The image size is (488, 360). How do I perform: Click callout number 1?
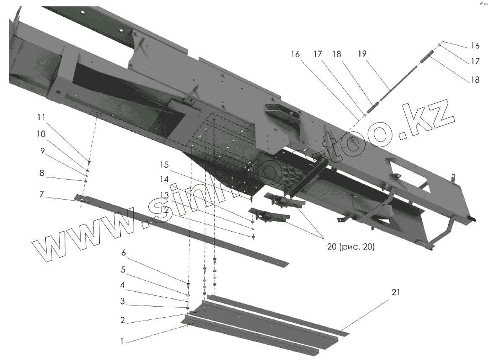[122, 341]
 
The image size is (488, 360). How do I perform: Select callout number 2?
[122, 320]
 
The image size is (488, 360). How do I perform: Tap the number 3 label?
[122, 301]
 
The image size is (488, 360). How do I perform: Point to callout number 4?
[122, 284]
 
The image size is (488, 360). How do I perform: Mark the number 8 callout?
[42, 172]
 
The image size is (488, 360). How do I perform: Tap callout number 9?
[43, 151]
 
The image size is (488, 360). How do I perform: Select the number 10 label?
[41, 133]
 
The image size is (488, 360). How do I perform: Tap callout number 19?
[362, 54]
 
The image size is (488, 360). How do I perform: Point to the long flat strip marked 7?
[180, 230]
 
